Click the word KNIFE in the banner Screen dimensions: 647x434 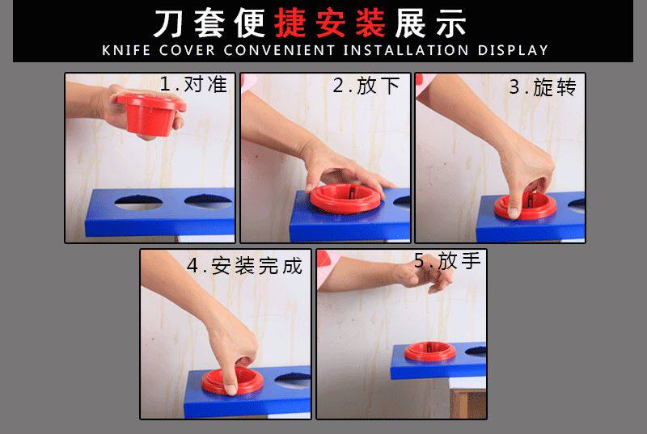pos(126,50)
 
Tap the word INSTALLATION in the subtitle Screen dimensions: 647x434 pos(406,50)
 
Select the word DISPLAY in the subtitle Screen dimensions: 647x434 pos(513,50)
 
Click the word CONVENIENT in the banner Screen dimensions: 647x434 pos(279,50)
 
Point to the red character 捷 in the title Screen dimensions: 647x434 pos(290,23)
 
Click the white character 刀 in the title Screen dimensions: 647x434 pos(169,23)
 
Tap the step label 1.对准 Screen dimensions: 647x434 pos(193,85)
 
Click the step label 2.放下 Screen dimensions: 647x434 pos(366,86)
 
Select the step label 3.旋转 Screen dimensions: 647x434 pos(543,87)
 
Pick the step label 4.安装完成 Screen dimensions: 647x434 pos(245,266)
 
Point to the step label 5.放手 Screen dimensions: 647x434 pos(448,261)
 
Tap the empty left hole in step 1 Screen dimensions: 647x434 pos(138,202)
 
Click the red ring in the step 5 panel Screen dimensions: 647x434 pos(430,352)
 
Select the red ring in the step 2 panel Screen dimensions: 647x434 pos(345,198)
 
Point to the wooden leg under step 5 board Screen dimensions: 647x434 pos(468,404)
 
